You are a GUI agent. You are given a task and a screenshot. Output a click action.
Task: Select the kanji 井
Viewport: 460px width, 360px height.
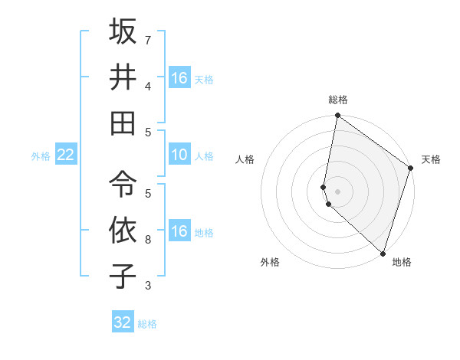(123, 77)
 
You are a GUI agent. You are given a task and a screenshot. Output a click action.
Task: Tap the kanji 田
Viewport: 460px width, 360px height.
(123, 122)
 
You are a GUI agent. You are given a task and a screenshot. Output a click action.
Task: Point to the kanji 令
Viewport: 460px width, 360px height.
(123, 184)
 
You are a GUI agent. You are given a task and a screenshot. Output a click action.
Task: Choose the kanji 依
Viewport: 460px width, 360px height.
(123, 230)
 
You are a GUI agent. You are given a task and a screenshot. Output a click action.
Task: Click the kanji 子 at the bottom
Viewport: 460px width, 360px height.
(123, 276)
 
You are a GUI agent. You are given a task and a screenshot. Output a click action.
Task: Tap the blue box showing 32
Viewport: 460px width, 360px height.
(123, 322)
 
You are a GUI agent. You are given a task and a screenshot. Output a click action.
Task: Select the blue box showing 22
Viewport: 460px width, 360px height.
(66, 155)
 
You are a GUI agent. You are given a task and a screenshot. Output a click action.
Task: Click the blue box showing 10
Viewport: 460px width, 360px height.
(179, 155)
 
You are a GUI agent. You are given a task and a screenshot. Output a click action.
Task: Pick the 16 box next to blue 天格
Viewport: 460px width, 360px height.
(179, 78)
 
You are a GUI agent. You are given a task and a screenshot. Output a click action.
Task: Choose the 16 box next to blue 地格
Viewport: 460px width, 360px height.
(179, 231)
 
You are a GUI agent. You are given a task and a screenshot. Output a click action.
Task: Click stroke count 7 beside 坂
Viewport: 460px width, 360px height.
(147, 40)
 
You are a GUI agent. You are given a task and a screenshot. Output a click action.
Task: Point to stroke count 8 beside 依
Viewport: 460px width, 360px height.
(147, 240)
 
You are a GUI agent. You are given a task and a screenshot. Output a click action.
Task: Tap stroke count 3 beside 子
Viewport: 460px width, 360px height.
(147, 286)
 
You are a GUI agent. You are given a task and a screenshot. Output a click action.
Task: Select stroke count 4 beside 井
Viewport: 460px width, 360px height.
(147, 86)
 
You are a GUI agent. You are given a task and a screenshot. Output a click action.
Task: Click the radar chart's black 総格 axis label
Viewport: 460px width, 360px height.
(337, 100)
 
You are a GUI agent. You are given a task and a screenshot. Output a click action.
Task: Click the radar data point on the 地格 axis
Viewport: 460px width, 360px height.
(383, 254)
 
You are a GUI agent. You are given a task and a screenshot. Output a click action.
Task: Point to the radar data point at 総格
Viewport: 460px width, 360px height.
(337, 116)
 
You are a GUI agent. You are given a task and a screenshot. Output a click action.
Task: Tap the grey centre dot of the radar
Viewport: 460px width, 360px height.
(337, 191)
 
